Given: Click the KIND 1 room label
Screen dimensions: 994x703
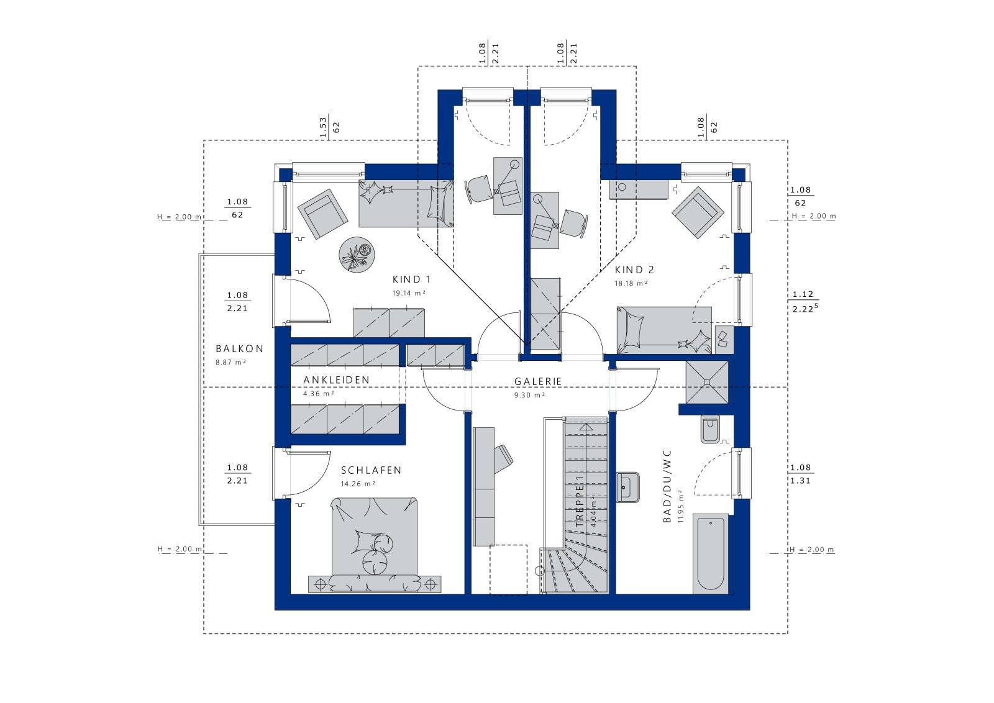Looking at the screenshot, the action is point(411,279).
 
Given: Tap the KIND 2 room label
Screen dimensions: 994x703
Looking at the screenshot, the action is point(634,270).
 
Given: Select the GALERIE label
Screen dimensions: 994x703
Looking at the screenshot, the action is point(538,381).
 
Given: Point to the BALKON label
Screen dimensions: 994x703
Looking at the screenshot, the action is point(240,349).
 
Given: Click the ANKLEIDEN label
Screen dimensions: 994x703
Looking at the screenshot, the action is point(336,380).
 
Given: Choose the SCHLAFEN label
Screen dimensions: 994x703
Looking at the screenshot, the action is point(371,470).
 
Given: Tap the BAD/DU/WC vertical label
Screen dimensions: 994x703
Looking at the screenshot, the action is point(667,486).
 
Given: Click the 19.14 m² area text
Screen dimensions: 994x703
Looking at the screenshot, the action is point(409,293).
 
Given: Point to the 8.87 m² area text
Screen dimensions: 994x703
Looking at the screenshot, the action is point(230,362).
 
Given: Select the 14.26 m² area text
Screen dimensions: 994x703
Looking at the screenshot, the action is point(358,484).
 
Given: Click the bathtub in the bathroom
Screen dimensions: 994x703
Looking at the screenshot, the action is point(711,554).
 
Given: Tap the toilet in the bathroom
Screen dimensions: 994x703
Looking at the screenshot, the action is point(711,429).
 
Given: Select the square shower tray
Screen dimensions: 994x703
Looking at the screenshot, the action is point(707,383).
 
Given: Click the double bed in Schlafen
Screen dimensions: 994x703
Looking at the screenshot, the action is point(375,545).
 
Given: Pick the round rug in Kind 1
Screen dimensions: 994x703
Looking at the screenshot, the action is point(357,255).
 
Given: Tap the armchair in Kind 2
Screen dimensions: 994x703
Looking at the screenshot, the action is point(698,212).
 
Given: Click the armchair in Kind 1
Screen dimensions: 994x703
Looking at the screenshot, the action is point(322,214).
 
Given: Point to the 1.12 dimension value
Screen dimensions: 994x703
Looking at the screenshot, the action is point(803,294).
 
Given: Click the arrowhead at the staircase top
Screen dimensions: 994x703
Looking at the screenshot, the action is point(586,427).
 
